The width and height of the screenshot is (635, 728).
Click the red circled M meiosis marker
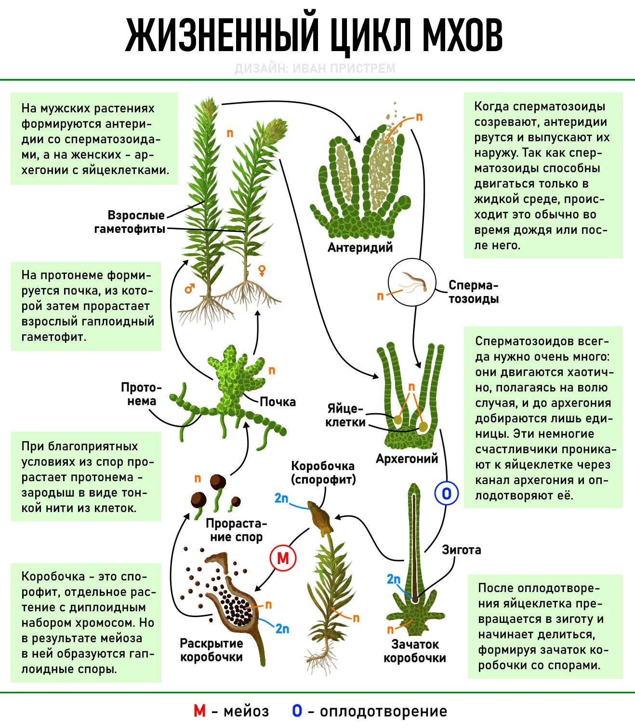[283, 558]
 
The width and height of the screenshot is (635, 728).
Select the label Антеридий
[360, 247]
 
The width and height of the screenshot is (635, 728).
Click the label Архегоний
[407, 458]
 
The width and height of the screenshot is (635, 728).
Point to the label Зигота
[462, 550]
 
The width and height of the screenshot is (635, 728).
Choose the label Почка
[278, 402]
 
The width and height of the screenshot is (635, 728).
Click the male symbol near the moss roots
[189, 288]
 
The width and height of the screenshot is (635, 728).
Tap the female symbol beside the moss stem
[262, 270]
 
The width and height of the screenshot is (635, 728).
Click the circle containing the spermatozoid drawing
[412, 282]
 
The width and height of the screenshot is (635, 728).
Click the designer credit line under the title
[315, 68]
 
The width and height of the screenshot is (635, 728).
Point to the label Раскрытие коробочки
[212, 650]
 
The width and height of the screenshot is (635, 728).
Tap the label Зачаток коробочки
[415, 651]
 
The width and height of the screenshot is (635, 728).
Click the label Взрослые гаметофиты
[130, 222]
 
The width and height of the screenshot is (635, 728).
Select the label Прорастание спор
[236, 530]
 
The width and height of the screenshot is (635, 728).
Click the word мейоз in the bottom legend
[246, 711]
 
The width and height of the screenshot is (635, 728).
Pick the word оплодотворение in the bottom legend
[384, 711]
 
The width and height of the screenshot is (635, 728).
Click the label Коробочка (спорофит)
[323, 472]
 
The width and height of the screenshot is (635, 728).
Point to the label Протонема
[141, 394]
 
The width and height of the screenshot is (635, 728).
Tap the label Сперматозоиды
[474, 292]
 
